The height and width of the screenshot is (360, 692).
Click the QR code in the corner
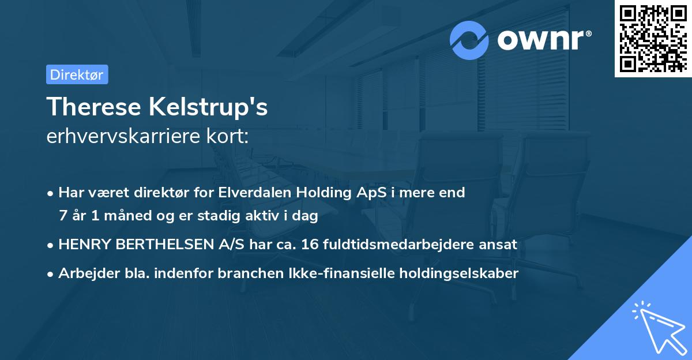653,38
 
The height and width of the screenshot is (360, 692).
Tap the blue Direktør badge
77,74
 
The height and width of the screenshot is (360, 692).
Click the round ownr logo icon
469,40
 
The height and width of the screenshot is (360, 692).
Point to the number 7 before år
63,216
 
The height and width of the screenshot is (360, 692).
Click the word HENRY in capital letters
82,245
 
